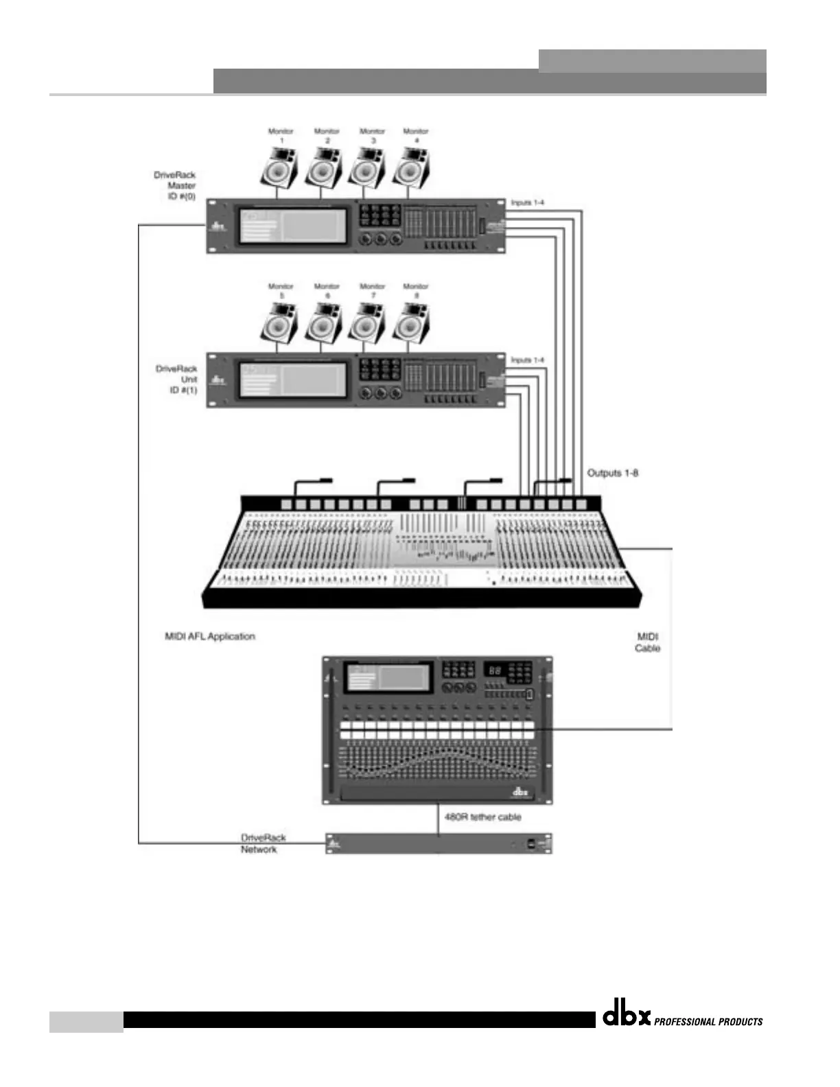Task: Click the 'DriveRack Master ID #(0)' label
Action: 176,185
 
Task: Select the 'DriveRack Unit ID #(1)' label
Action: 177,379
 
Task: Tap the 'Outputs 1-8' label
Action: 613,473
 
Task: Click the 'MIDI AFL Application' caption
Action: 210,636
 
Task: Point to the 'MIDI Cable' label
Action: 648,642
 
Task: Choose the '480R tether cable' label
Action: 482,817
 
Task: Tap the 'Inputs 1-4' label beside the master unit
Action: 527,202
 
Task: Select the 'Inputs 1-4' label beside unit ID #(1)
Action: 527,360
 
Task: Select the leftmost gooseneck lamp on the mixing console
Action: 312,484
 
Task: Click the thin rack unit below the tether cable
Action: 439,843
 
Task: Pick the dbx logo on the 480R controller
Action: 521,792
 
